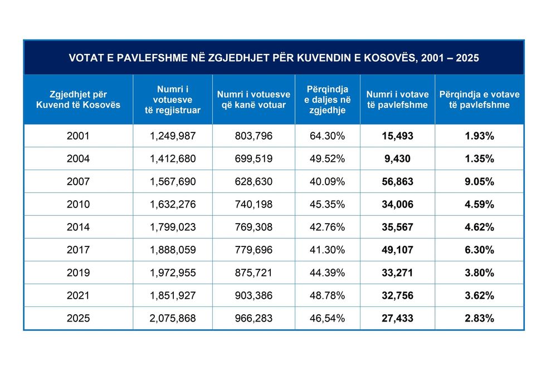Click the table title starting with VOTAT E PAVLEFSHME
point(274,57)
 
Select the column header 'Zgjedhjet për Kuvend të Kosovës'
point(78,100)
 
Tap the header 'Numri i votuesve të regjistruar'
point(172,100)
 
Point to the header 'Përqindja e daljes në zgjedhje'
point(328,100)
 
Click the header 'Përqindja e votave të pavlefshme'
point(479,100)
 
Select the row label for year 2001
point(78,136)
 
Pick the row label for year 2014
point(78,227)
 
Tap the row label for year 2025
point(78,318)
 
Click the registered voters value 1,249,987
point(172,136)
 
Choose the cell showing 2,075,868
point(172,318)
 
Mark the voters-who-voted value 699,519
point(253,159)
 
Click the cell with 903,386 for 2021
point(253,295)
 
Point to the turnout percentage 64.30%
point(328,136)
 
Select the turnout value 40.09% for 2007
point(328,181)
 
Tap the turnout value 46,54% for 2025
point(328,318)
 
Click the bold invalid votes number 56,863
point(397,181)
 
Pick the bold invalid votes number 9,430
point(397,159)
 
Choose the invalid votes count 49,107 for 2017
point(397,250)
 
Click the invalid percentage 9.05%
point(479,181)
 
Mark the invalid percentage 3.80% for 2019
point(479,273)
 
